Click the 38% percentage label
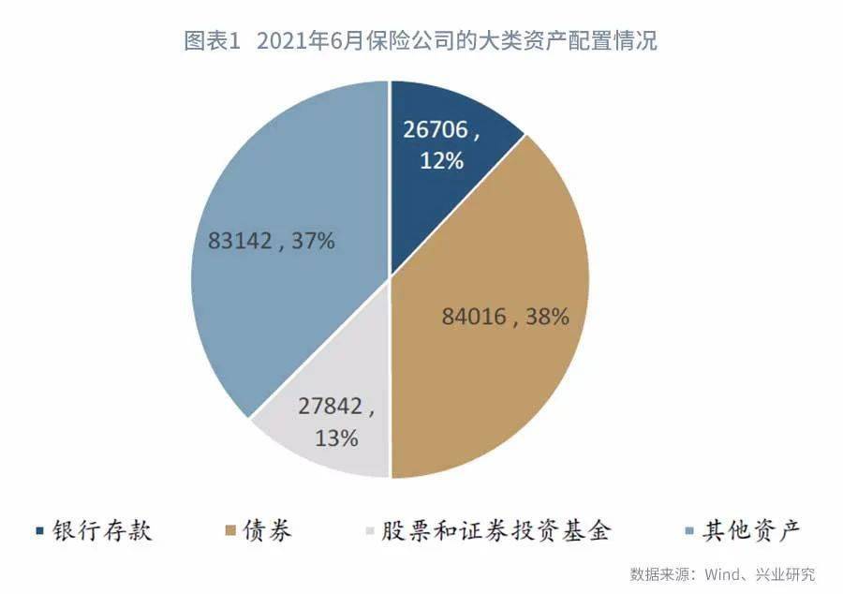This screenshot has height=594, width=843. tap(548, 317)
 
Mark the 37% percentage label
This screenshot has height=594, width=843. tap(313, 242)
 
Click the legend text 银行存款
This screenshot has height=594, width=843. tap(99, 532)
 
